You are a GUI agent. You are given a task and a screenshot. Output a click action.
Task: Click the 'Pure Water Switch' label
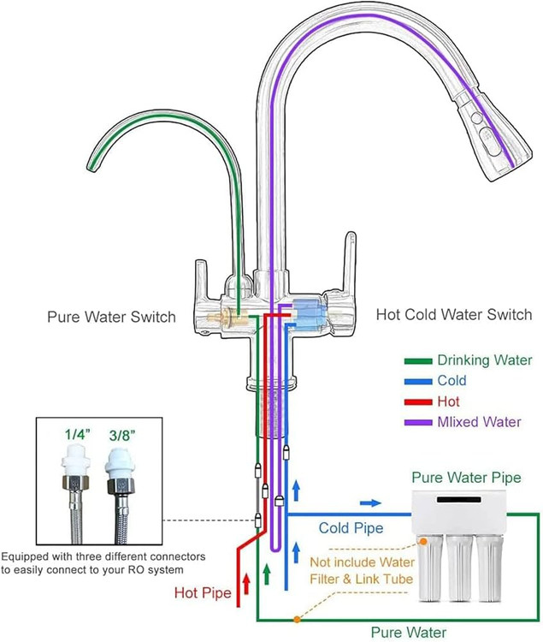tap(111, 317)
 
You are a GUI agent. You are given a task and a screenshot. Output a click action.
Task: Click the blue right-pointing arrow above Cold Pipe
tap(370, 503)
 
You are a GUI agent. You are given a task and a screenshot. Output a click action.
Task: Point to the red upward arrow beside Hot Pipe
tap(246, 585)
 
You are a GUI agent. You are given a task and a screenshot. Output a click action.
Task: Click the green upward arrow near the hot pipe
tap(267, 571)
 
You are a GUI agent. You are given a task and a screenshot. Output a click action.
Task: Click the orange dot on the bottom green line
tap(296, 618)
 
